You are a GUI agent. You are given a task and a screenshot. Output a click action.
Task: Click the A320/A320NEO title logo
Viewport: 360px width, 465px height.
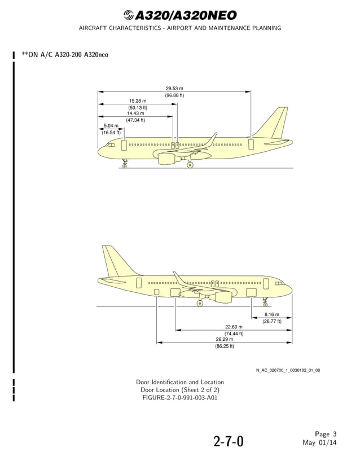point(180,15)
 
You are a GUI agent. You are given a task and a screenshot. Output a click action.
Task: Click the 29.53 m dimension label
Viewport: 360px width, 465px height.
point(174,89)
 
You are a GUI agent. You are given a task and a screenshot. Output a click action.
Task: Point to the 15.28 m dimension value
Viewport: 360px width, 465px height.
point(137,101)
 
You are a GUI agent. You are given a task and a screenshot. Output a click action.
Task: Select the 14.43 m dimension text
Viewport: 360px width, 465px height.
point(135,113)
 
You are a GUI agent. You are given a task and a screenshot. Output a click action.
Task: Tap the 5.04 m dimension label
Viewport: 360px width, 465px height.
point(111,126)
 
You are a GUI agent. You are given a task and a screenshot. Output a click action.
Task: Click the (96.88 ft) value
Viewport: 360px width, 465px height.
point(174,95)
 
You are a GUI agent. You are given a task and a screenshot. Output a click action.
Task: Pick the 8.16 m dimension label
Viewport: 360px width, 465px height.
point(271,314)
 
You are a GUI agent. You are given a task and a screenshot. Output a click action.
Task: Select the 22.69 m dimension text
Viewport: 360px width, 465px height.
point(234,327)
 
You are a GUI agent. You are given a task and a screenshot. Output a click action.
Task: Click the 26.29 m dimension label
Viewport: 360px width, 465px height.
point(224,339)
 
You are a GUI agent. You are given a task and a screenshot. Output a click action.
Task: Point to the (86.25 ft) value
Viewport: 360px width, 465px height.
point(224,346)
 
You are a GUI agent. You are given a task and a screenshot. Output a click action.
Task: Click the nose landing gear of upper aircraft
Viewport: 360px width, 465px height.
point(125,165)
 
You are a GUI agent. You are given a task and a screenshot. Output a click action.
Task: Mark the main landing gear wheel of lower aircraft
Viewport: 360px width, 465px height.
point(200,304)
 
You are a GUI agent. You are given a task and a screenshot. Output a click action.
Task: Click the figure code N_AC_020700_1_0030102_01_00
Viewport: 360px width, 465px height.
point(288,370)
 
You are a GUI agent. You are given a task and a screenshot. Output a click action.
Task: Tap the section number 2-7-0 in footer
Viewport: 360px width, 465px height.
point(229,441)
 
